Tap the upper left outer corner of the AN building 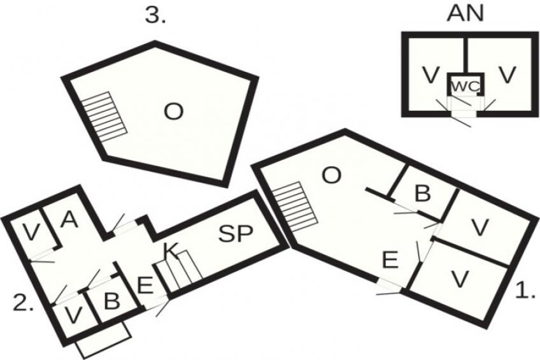point(402,32)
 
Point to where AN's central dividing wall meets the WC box point(465,73)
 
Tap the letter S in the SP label point(227,234)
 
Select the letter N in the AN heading point(475,13)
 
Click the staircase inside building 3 point(105,117)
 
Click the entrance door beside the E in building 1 point(389,287)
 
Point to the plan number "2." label point(24,303)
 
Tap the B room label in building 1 point(423,193)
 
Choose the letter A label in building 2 point(69,219)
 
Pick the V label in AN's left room point(431,75)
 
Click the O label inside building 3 point(173,112)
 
